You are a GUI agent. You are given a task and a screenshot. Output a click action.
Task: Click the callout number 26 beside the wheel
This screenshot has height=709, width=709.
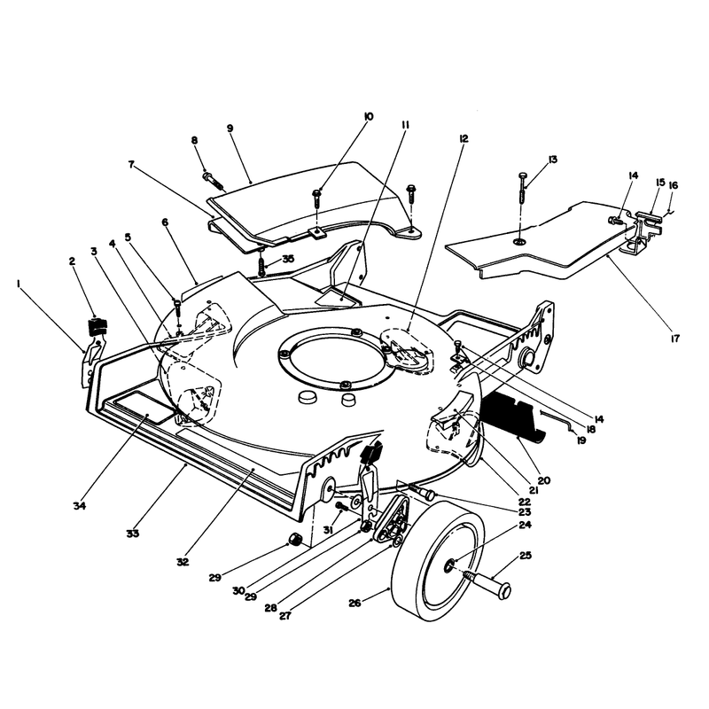[355, 603]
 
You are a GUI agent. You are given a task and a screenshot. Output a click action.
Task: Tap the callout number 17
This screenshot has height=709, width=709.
[675, 339]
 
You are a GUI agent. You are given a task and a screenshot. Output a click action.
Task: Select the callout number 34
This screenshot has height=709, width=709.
[80, 506]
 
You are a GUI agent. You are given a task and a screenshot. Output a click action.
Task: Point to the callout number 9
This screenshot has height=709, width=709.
[230, 129]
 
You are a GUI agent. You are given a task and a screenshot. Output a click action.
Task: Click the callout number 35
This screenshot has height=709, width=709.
[288, 259]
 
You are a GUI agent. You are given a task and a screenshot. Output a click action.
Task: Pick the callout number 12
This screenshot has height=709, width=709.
[464, 138]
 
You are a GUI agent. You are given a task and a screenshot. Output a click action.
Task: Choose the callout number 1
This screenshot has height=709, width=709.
[19, 284]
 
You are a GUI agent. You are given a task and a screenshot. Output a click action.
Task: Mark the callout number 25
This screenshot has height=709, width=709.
[526, 556]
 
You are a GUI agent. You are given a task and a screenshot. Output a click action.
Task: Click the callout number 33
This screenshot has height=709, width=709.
[132, 534]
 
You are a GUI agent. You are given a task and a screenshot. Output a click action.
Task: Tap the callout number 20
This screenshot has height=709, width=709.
[544, 480]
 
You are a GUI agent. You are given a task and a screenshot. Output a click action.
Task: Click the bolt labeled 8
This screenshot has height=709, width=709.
[214, 180]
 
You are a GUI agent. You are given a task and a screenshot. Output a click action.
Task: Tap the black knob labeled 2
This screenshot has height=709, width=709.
[97, 327]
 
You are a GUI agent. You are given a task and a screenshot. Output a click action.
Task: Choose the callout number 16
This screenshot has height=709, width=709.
[674, 185]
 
